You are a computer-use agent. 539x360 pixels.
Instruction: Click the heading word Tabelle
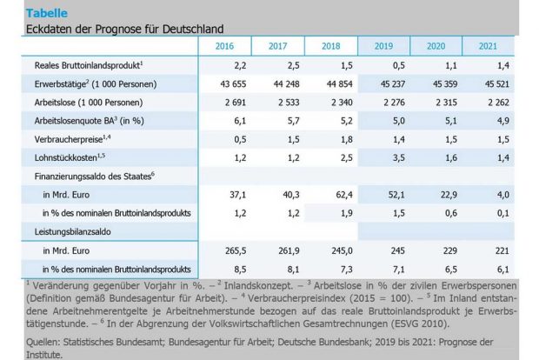coord(44,13)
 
